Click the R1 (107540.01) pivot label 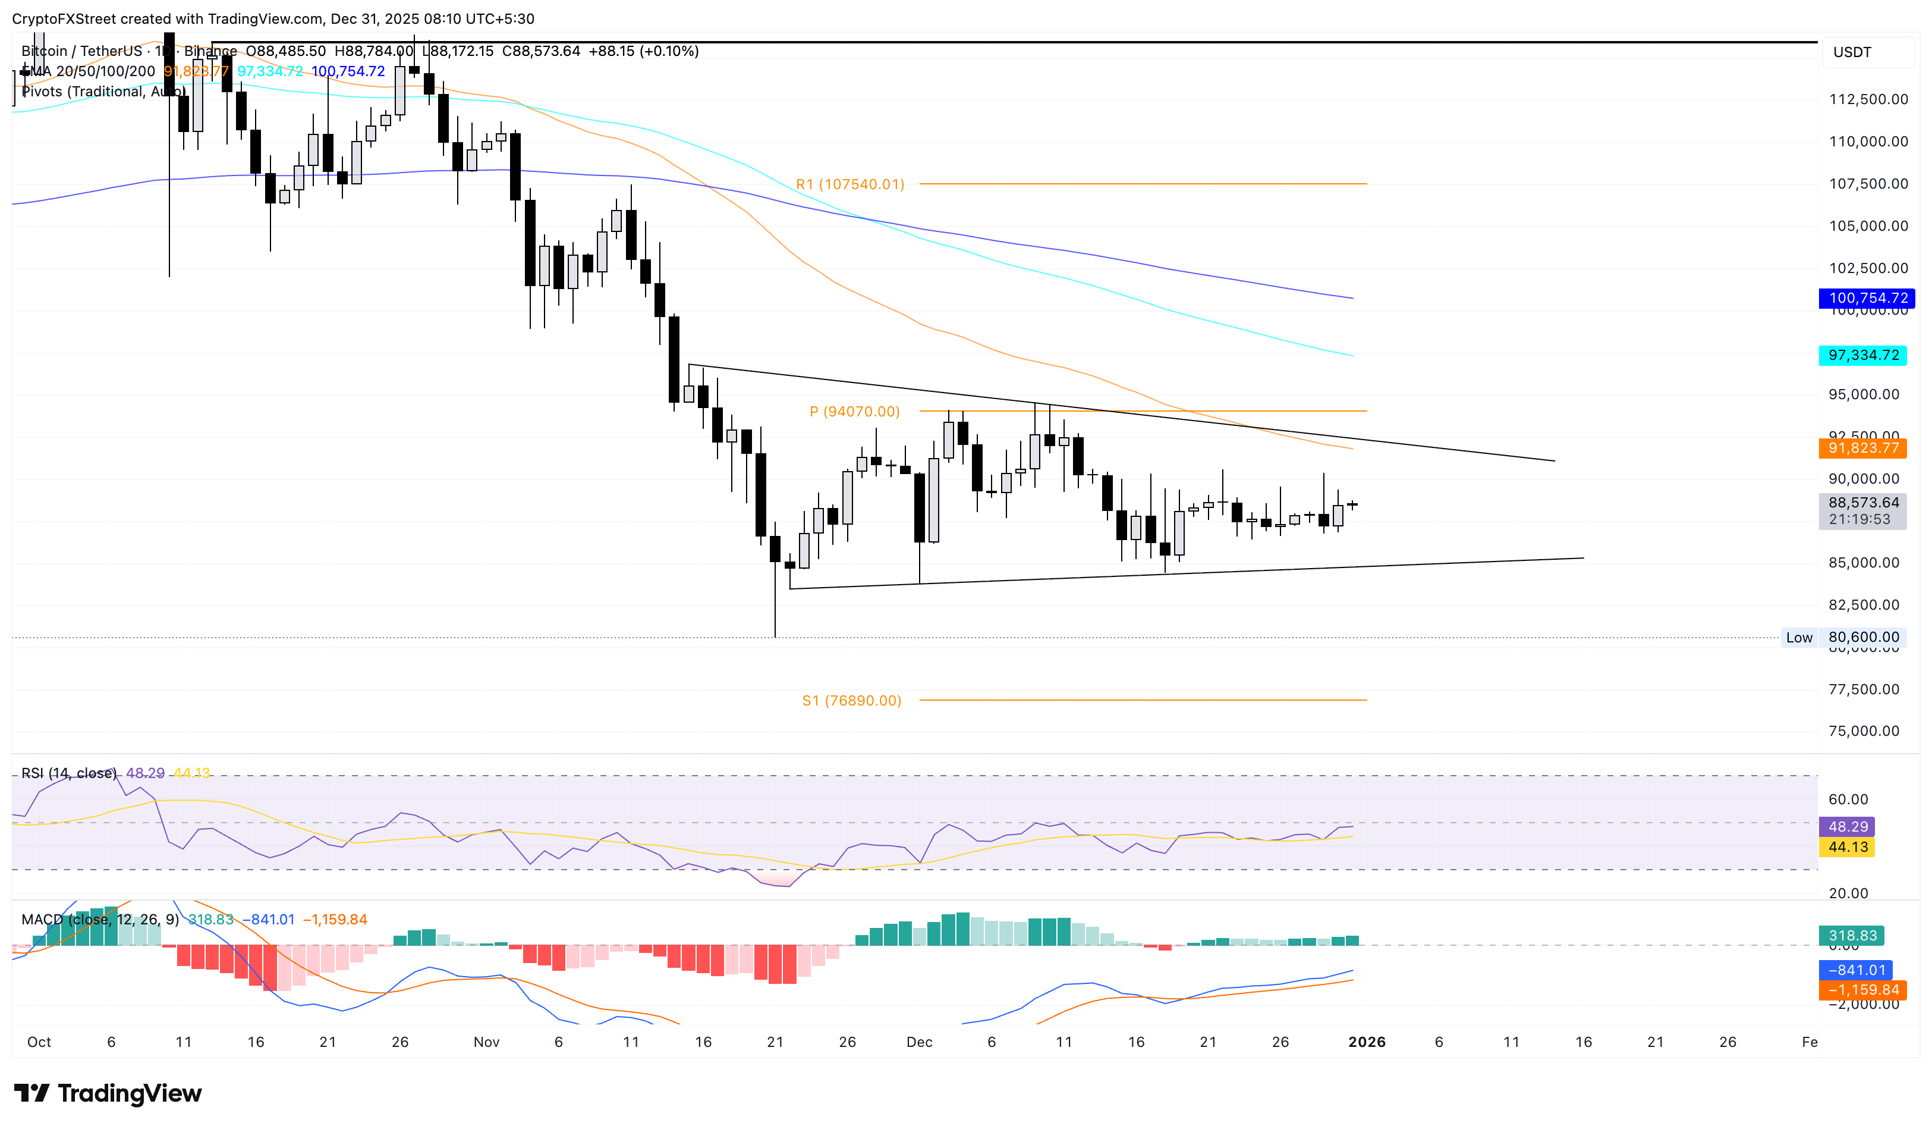[849, 184]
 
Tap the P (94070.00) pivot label [854, 412]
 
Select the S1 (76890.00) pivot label [851, 700]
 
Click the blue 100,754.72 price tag [1867, 297]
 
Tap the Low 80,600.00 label [1844, 637]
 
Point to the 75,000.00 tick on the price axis [1863, 731]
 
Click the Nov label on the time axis [486, 1042]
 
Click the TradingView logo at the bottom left [108, 1093]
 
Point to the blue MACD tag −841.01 [1855, 970]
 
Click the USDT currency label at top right [1852, 52]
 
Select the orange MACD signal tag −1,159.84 [1862, 990]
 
